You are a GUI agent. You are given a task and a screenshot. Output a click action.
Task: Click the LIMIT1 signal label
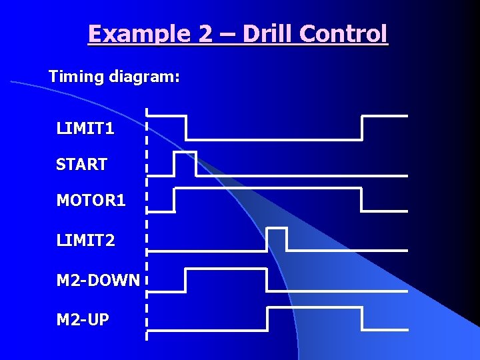tap(85, 128)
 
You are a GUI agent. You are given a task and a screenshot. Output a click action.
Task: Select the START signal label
tap(81, 164)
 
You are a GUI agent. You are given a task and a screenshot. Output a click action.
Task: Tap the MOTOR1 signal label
tap(91, 200)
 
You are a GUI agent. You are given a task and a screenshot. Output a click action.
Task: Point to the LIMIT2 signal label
tap(85, 240)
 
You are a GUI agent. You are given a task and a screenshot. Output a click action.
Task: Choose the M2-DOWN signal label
tap(98, 281)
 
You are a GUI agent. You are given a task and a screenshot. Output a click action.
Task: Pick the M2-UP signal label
tap(83, 320)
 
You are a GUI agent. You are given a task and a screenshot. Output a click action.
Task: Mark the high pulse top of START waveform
tap(185, 152)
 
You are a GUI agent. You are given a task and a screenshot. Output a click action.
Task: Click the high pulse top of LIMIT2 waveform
tap(277, 229)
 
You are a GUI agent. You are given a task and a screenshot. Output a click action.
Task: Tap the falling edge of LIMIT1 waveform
tap(186, 127)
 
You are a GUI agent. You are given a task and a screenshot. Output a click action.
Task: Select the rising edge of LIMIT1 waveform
tap(361, 127)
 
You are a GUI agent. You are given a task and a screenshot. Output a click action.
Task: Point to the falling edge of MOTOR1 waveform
tap(361, 199)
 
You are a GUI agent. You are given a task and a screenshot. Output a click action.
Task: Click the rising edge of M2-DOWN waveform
tap(185, 280)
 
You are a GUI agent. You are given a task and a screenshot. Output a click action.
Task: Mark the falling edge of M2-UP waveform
tap(362, 319)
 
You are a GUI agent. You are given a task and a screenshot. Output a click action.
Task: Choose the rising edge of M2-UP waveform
tap(267, 319)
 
